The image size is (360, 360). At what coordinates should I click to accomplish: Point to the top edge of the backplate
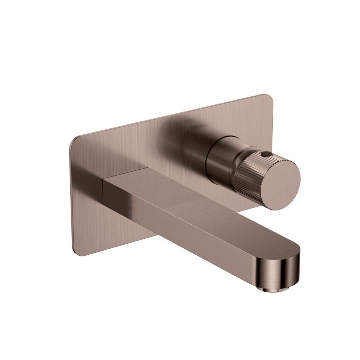(170, 116)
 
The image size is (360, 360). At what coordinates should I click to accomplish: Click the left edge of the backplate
(70, 196)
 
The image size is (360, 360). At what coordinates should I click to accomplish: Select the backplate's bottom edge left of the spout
(113, 245)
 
